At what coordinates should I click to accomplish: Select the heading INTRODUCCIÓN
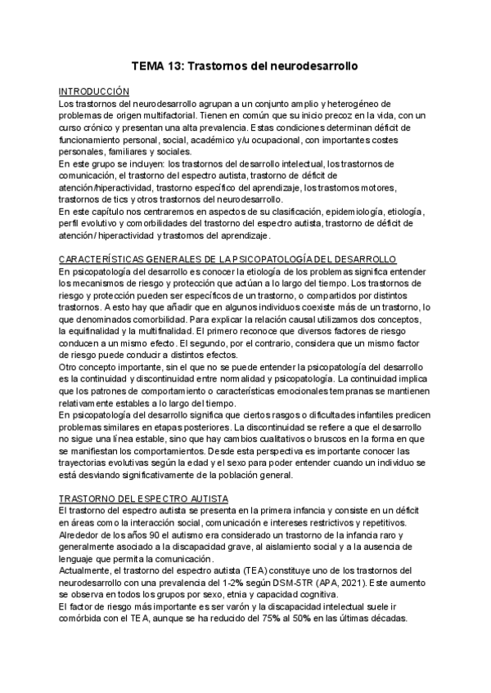(x=95, y=92)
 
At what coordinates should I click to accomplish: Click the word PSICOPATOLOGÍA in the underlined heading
(x=283, y=258)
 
